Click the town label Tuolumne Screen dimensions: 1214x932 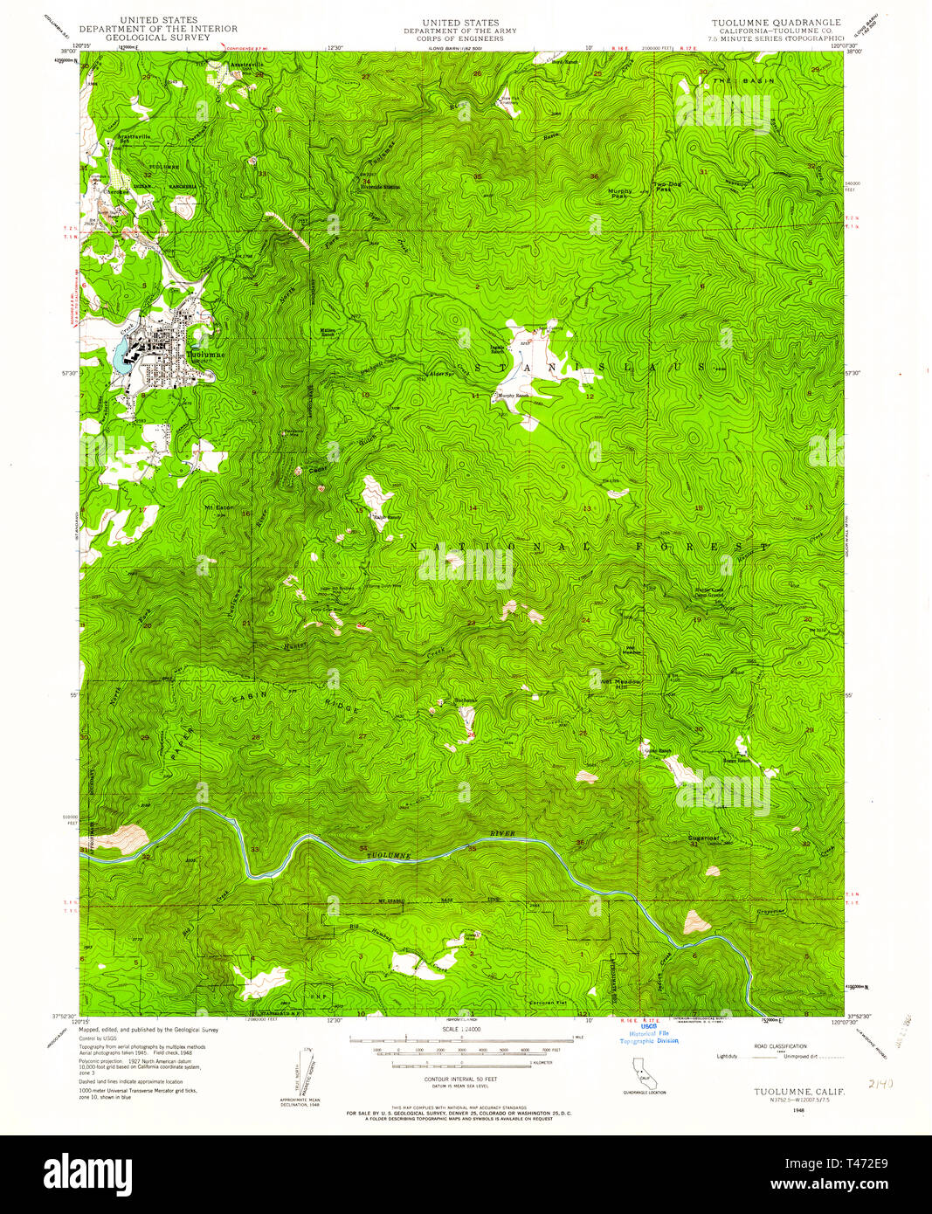click(206, 355)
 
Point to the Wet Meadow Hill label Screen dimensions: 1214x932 click(620, 684)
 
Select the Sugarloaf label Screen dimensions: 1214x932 click(703, 837)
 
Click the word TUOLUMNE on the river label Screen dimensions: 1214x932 click(387, 853)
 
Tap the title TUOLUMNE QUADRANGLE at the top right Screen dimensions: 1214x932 click(777, 23)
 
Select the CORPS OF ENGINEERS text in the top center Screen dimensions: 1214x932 click(459, 38)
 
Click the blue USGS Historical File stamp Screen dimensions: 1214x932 click(649, 1034)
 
